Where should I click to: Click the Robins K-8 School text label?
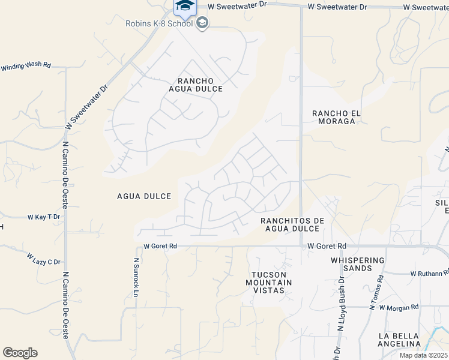coord(159,23)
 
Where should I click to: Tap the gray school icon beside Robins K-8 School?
coord(202,23)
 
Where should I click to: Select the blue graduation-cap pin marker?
coord(185,7)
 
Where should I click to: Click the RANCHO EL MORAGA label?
coord(334,117)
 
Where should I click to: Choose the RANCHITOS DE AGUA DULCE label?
coord(292,225)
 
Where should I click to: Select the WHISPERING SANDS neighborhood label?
coord(357,265)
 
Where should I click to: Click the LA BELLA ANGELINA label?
coord(399,340)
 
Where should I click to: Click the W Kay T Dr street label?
coord(44,217)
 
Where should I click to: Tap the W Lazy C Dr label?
coord(43,259)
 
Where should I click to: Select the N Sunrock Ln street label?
coord(136,277)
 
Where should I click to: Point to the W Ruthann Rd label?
coord(430,274)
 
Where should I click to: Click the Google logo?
coord(20,353)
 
